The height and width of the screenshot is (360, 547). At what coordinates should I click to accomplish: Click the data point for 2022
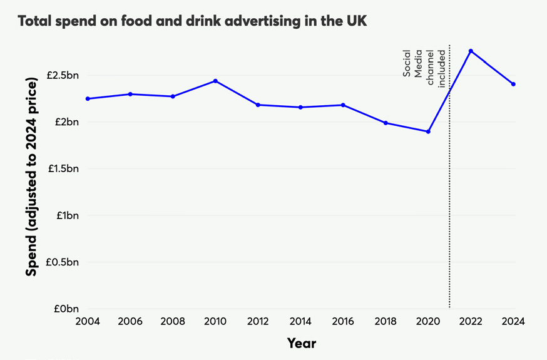click(471, 51)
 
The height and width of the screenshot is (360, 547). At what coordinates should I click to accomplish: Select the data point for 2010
click(215, 81)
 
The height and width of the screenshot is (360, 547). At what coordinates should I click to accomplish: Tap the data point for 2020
click(428, 131)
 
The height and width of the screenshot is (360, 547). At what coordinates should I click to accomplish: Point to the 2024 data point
click(513, 84)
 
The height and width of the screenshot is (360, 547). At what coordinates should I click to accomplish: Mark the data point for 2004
click(88, 99)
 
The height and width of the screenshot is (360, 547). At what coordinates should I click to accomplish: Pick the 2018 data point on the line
click(386, 123)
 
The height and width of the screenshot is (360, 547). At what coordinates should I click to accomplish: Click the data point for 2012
click(258, 105)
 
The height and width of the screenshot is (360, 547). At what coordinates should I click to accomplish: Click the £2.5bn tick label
click(63, 75)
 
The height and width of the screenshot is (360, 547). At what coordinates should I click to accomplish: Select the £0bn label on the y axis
click(66, 309)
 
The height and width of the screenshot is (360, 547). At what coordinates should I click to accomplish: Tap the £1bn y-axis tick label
click(66, 215)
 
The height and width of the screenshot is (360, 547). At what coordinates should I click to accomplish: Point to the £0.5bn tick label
click(63, 262)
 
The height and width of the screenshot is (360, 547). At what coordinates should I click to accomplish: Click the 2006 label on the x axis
click(130, 322)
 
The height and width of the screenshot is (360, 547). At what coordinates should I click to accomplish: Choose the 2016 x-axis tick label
click(343, 322)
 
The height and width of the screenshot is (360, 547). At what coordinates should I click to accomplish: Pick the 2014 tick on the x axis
click(300, 322)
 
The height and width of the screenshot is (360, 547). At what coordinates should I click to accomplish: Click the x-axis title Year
click(301, 343)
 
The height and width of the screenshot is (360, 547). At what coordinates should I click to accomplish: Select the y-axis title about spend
click(31, 179)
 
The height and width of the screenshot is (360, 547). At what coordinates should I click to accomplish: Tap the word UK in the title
click(355, 21)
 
